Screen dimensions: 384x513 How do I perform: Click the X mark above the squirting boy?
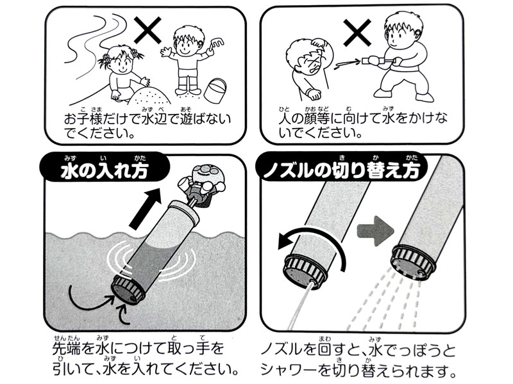pyautogui.click(x=360, y=31)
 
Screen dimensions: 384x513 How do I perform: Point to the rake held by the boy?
pyautogui.click(x=216, y=44)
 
